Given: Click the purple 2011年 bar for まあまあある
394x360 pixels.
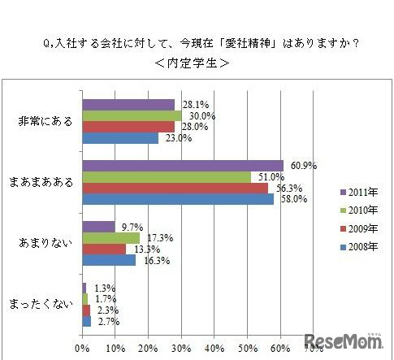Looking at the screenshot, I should point(183,166).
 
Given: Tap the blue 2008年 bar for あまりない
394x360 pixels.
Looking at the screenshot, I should point(109,260).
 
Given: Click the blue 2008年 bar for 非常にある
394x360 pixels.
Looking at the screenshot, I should point(120,138).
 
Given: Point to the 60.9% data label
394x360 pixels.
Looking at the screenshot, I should point(301,166).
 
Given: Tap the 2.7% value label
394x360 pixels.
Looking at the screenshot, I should point(106,321).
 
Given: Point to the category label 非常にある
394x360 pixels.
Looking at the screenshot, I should point(45,122).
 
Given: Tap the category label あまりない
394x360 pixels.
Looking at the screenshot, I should point(45,243).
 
